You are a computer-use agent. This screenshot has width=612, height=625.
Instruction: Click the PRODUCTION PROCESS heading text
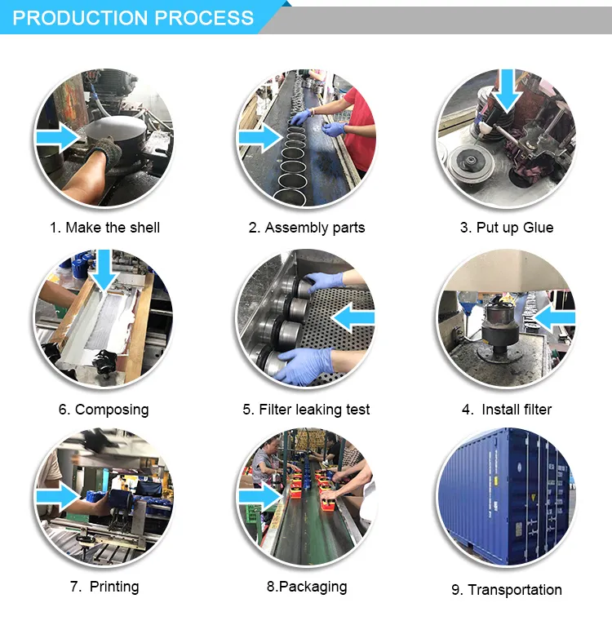pos(133,18)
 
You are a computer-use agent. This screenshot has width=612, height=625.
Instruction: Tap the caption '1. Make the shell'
pos(105,228)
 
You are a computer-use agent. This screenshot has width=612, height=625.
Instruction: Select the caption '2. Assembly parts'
pos(307,228)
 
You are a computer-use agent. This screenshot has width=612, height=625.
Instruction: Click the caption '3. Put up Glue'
pos(507,228)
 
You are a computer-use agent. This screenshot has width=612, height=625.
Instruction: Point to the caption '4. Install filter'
pos(507,410)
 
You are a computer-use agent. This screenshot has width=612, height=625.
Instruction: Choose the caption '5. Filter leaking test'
pos(306,410)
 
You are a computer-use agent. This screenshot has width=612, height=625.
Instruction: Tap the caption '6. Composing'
pos(104,410)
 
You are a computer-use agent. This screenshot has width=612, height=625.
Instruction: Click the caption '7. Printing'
pos(104,587)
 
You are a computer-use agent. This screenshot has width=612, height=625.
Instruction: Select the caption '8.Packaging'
pos(307,587)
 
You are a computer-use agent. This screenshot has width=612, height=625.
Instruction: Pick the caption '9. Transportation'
pos(507,590)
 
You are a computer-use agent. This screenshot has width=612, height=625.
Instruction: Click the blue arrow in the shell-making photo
pos(58,138)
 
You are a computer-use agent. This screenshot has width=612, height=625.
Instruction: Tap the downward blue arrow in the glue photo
pos(507,91)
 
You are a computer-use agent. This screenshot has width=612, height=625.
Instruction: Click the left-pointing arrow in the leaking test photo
pos(353,317)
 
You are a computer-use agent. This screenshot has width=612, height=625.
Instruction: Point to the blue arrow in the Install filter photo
pos(555,317)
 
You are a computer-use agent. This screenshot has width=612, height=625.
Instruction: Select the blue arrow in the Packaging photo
pos(261,497)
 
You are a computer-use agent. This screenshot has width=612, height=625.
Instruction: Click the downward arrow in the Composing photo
pos(104,270)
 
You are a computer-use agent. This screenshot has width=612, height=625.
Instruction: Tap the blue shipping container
pos(507,496)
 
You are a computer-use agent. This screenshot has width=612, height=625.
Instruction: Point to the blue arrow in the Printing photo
pos(58,497)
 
